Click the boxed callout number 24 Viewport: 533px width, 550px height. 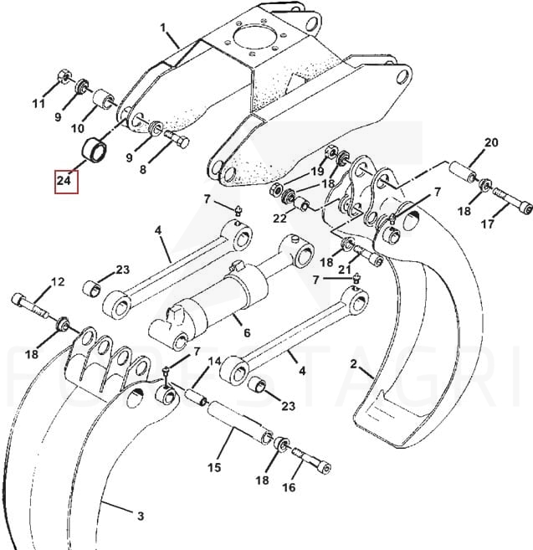(x=64, y=181)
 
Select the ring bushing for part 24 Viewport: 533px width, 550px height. (x=95, y=149)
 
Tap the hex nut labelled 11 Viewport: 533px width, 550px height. (x=64, y=76)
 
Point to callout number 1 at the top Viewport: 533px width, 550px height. (x=162, y=28)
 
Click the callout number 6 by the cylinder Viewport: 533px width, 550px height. (x=247, y=332)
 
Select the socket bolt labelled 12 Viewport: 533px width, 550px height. (x=29, y=306)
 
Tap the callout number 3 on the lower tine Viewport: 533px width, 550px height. (x=141, y=516)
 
